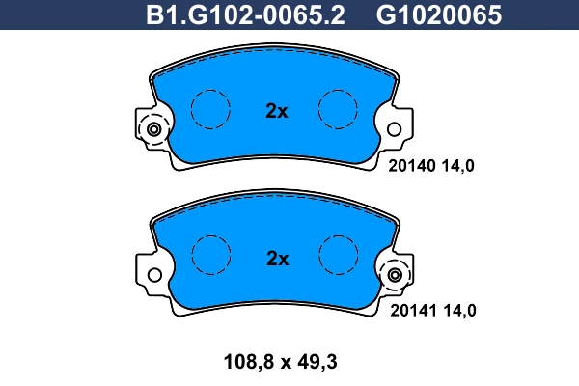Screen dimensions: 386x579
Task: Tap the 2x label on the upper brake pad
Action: [277, 111]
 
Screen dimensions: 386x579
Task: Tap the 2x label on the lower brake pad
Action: [277, 259]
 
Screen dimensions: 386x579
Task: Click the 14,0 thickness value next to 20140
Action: [457, 165]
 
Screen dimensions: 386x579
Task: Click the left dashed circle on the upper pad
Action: [211, 108]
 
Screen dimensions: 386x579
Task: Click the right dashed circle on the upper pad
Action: [339, 108]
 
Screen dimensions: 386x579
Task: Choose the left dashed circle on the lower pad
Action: [211, 256]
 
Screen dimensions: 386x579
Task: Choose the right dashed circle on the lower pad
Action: [339, 256]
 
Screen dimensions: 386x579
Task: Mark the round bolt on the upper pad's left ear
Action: [153, 128]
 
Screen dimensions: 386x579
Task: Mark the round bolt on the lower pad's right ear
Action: [395, 276]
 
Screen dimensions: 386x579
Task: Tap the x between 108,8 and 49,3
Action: [280, 363]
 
